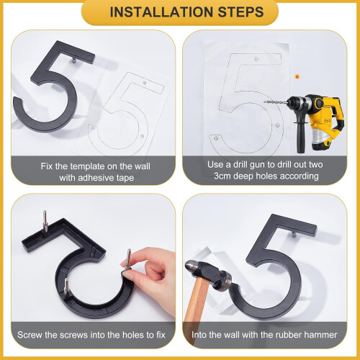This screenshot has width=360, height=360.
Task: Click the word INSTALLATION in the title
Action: pos(161,12)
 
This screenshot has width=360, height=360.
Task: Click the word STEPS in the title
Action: pos(241,12)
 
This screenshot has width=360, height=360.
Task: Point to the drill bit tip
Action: pos(264,102)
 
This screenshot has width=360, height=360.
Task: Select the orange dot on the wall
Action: pos(297,76)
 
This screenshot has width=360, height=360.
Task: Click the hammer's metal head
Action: pos(208,274)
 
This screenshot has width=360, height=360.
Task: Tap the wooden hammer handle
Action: pos(197,310)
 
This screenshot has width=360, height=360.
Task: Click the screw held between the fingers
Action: pos(127,259)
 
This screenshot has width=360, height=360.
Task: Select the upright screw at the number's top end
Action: pos(45,221)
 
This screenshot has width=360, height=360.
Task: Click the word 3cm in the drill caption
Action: pos(220,176)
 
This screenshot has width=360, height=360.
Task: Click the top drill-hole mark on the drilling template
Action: pos(256,59)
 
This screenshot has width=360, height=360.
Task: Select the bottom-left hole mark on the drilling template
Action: pos(216,138)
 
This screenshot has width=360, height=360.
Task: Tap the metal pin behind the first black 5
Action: pos(74,60)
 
